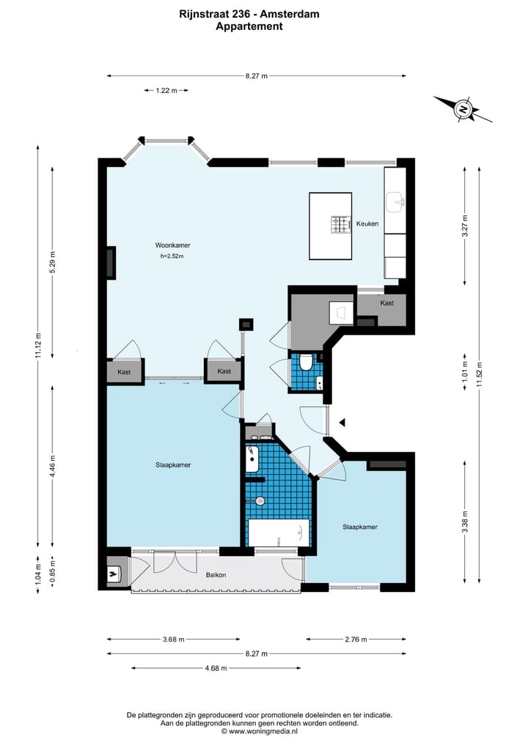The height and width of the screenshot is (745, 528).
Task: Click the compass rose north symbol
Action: point(463,109)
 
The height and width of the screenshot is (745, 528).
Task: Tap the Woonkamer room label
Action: point(172,245)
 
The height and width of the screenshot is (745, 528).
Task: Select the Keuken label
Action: point(367,223)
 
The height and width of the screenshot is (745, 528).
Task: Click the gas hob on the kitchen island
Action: point(340,224)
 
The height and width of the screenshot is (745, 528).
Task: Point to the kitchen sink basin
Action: point(395,202)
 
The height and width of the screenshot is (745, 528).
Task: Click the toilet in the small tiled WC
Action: point(306,362)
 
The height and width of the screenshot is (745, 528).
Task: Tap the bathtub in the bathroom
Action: point(279,533)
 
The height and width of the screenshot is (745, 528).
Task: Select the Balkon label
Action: point(216,575)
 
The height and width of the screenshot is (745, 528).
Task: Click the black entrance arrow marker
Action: point(342,422)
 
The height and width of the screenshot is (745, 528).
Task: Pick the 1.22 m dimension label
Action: point(166,90)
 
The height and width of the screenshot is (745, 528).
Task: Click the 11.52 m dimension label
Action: point(480,375)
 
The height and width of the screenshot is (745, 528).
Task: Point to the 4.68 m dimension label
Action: point(216,668)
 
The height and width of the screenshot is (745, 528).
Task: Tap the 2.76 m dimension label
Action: point(356,639)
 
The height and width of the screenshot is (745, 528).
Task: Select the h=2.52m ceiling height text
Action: point(172,256)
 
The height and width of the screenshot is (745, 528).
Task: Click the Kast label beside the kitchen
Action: point(386,303)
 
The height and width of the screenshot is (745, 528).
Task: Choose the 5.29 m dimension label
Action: point(53,262)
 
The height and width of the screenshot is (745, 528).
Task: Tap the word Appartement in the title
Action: point(249,26)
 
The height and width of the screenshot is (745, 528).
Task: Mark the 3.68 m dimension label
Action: point(173,639)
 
